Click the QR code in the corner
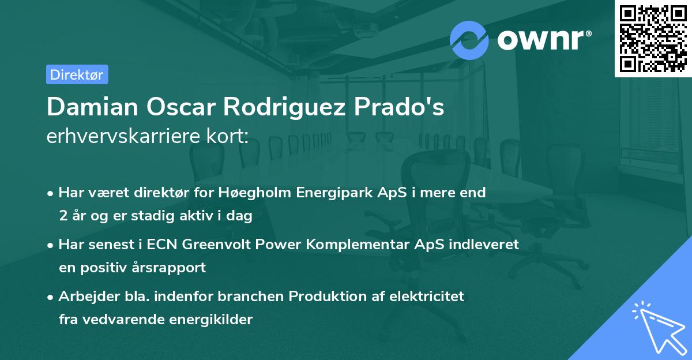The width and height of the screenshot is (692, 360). [x=652, y=39]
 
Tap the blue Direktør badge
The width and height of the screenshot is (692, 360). [x=77, y=74]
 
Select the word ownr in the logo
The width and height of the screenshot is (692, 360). [x=542, y=40]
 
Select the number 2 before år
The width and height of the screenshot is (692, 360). [x=62, y=216]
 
